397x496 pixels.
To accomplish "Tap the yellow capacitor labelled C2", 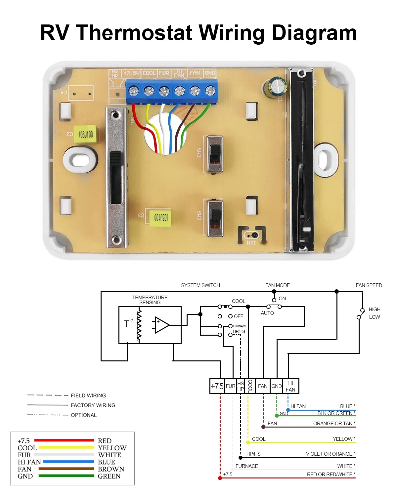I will point(85,134).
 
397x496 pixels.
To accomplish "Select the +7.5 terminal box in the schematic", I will point(217,386).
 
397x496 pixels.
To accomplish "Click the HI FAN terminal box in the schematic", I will point(290,386).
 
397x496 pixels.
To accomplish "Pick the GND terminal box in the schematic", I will point(276,386).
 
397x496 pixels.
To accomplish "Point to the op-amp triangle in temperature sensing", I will point(162,325).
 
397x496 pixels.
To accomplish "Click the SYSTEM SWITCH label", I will point(200,285).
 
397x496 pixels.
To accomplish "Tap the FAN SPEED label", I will point(369,285).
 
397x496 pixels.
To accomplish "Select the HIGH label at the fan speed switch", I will point(374,310).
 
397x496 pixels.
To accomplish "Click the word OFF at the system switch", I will point(238,316).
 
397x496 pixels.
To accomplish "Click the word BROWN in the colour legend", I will point(111,469).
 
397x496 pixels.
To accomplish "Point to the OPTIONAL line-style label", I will point(84,415).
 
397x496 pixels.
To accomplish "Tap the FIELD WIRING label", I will point(88,395).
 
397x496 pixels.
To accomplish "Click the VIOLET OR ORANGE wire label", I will point(330,454).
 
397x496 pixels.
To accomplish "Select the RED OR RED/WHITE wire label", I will point(331,475).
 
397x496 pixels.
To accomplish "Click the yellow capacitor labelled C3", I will point(160,217).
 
